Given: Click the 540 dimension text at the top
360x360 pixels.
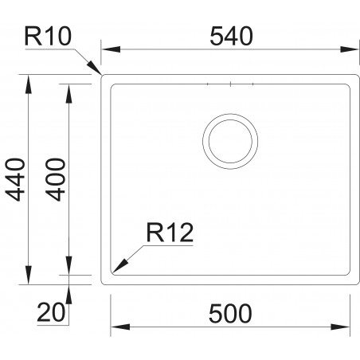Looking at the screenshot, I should tap(231, 36).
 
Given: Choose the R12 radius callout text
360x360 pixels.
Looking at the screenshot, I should tap(170, 233).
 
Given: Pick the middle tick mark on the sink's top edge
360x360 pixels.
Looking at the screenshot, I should tap(229, 84).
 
